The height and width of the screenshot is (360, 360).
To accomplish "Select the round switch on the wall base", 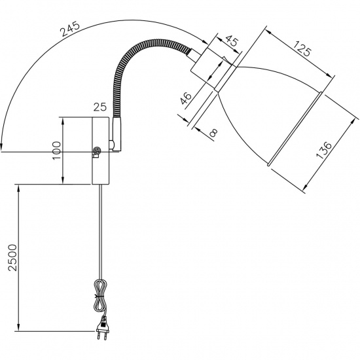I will (x=97, y=152).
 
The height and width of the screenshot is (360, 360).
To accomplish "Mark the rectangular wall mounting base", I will (x=101, y=151).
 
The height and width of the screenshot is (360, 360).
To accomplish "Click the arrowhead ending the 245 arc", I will (x=3, y=148).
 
